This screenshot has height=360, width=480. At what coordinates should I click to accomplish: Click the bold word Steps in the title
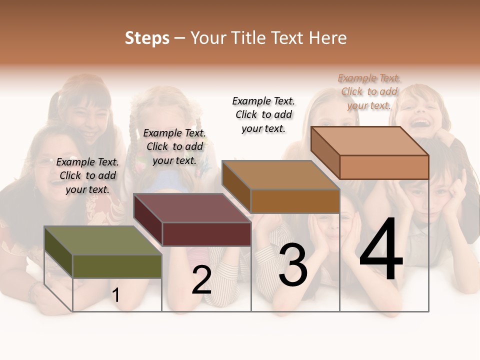point(147,38)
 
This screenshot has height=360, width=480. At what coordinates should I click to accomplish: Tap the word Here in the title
point(327,38)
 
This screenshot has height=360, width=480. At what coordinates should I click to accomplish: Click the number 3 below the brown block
point(292,265)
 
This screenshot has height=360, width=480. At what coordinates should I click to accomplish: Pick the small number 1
point(116,295)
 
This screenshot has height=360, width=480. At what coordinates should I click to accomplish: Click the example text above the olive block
point(87,175)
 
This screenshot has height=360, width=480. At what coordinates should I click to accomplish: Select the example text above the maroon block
point(174,146)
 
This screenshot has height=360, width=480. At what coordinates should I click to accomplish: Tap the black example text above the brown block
point(263,114)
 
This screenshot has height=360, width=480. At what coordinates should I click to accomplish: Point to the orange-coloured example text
point(369,91)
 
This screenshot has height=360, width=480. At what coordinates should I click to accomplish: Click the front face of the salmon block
point(384,167)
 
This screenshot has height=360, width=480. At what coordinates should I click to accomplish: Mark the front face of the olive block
point(117,266)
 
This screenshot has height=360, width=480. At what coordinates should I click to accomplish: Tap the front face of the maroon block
point(206,234)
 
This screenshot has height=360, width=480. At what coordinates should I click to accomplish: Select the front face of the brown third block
point(295,201)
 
